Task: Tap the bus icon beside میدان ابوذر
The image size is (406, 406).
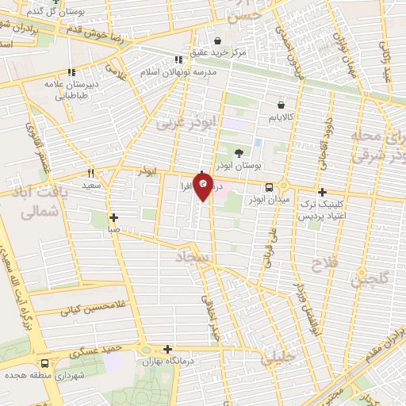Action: coord(270,188)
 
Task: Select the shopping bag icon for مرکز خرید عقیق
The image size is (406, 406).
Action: coord(216,40)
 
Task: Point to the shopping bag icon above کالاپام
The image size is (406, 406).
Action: coord(281,105)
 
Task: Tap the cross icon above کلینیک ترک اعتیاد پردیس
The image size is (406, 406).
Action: coord(322,191)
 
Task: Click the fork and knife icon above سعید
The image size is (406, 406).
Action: coord(91,172)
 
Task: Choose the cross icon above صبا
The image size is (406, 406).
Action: coord(114,216)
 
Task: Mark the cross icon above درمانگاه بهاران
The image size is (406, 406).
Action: coord(167,349)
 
